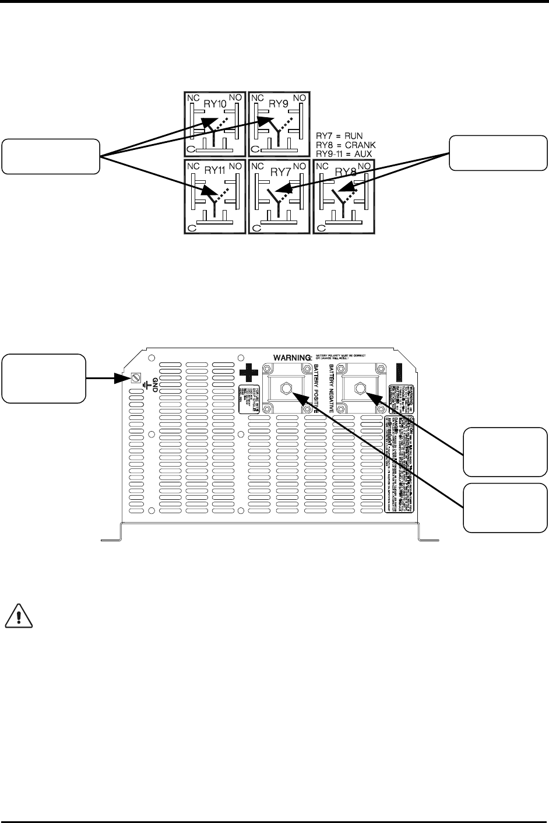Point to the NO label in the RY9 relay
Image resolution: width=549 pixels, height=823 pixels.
pyautogui.click(x=301, y=99)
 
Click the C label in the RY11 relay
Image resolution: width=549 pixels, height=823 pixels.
pyautogui.click(x=191, y=227)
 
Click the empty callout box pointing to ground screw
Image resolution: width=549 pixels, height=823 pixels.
pyautogui.click(x=44, y=378)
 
